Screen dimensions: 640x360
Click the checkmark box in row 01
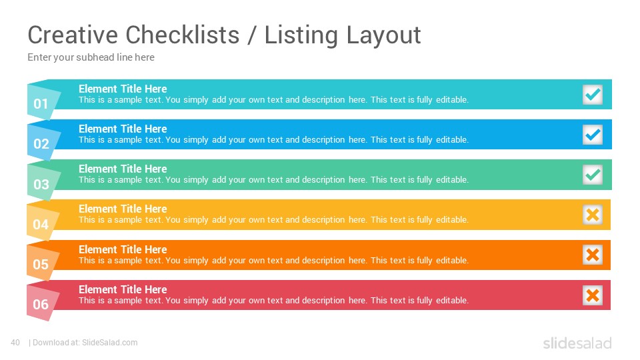tap(592, 95)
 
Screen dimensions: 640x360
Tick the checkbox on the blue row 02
tap(592, 135)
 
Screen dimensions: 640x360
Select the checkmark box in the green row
tap(592, 175)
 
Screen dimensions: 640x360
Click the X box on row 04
tap(592, 215)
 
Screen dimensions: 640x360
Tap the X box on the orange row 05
tap(592, 255)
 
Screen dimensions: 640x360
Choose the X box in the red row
tap(592, 295)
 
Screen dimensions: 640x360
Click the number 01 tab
tap(41, 104)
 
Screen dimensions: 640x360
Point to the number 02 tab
tap(41, 144)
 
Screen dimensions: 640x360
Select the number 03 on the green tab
tap(41, 184)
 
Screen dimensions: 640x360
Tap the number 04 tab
tap(41, 224)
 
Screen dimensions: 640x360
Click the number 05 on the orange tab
tap(41, 264)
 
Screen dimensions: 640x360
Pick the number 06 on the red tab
tap(41, 304)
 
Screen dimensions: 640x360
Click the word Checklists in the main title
tap(183, 35)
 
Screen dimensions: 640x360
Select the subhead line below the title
tap(91, 57)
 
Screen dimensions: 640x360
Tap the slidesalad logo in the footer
tap(577, 343)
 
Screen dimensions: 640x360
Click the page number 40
tap(15, 343)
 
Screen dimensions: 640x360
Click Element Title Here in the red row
tap(123, 289)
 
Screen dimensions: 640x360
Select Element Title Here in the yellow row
tap(123, 209)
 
